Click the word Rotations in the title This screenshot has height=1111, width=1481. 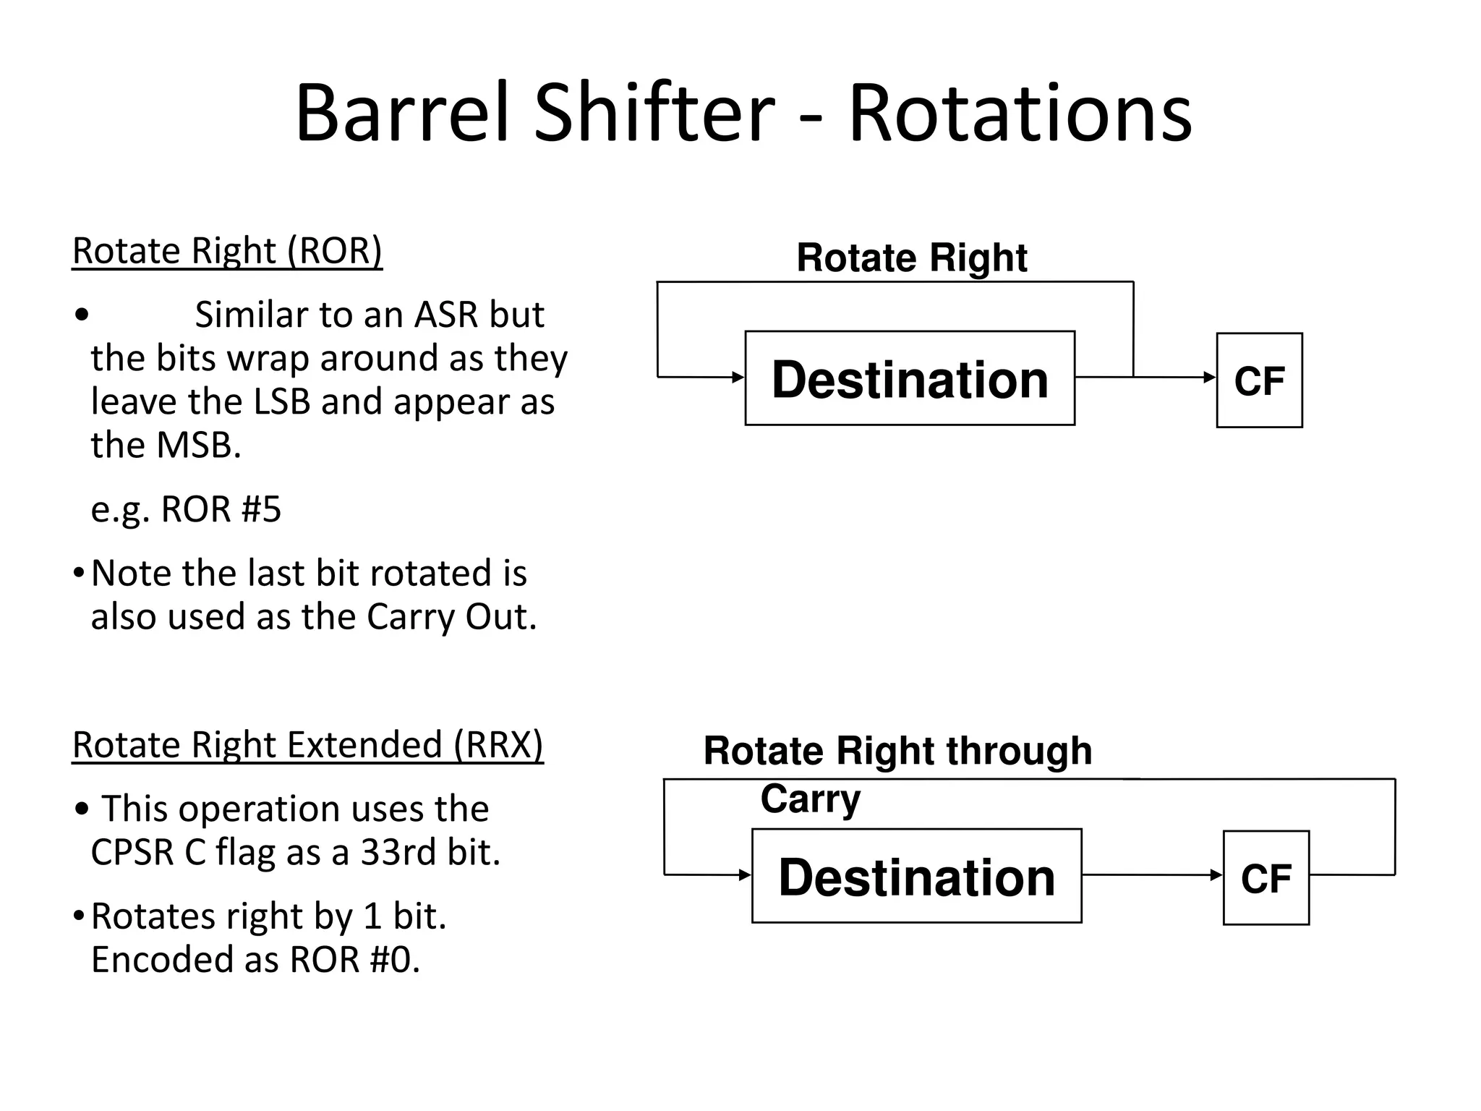pyautogui.click(x=1020, y=114)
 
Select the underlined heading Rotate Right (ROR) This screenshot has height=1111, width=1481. pyautogui.click(x=227, y=251)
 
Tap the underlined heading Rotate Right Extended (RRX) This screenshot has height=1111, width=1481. pyautogui.click(x=307, y=745)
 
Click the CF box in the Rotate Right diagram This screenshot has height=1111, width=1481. pyautogui.click(x=1259, y=380)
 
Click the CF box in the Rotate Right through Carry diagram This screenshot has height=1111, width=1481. pyautogui.click(x=1266, y=878)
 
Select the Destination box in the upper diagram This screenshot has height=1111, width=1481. pyautogui.click(x=910, y=379)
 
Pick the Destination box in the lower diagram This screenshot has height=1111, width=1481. pyautogui.click(x=916, y=877)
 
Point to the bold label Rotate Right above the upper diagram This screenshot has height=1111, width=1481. pyautogui.click(x=911, y=258)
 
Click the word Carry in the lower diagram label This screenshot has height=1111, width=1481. pyautogui.click(x=810, y=799)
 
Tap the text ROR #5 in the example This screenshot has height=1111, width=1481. pyautogui.click(x=221, y=509)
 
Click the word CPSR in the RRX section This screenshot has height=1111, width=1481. pyautogui.click(x=132, y=852)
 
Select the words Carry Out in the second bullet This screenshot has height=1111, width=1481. pyautogui.click(x=451, y=618)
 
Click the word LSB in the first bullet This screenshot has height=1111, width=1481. pyautogui.click(x=282, y=402)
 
